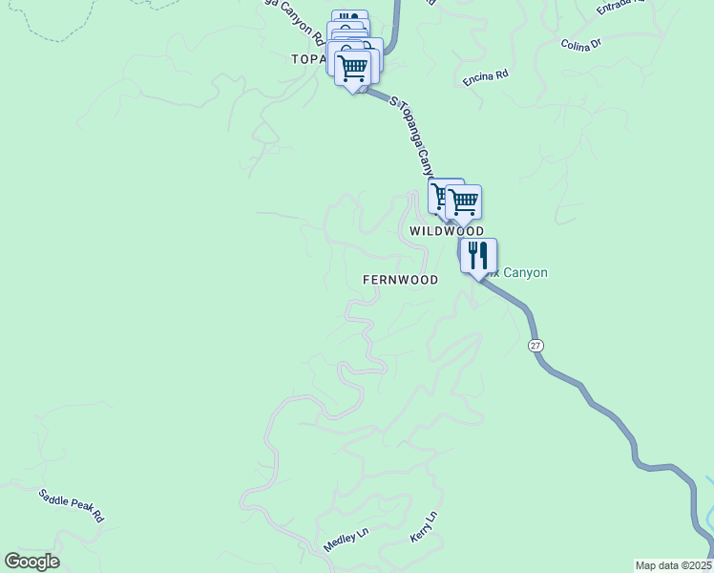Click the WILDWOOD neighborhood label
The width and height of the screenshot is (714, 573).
tap(447, 232)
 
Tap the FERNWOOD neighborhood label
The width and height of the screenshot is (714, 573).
tap(400, 280)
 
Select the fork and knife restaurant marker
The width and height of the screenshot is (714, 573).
tap(478, 256)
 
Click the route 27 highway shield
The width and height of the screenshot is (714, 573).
tap(536, 344)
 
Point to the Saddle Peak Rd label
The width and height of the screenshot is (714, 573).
tap(71, 505)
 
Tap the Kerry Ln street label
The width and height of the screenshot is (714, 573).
tap(423, 528)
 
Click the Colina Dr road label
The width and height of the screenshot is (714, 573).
tap(580, 45)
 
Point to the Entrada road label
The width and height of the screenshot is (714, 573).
tap(620, 8)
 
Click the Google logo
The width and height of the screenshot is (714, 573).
tap(31, 562)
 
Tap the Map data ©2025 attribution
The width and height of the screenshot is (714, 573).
tap(673, 565)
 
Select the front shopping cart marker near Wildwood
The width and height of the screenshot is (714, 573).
tap(463, 203)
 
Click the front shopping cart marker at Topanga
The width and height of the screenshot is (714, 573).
tap(353, 70)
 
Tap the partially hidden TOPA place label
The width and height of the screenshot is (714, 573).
tap(308, 59)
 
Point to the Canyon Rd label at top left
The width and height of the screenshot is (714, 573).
tap(292, 23)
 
